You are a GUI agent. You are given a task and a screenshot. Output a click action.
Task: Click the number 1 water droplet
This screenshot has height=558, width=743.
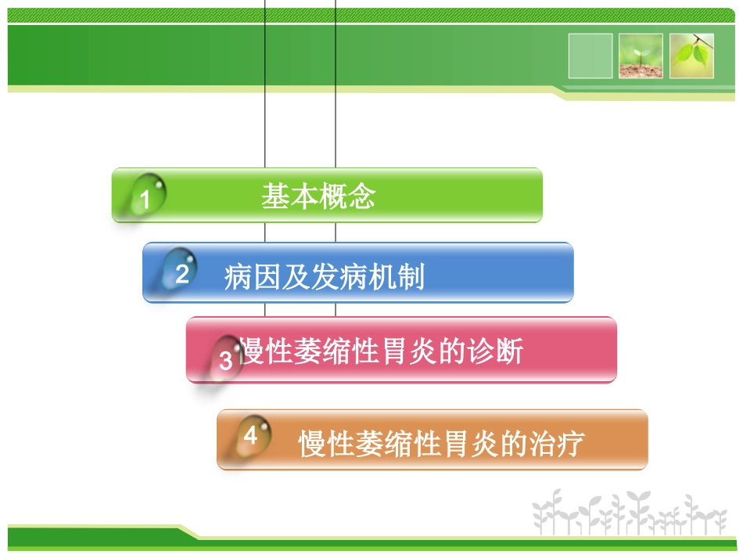[146, 196]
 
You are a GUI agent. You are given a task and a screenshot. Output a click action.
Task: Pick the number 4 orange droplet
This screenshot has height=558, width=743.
[252, 436]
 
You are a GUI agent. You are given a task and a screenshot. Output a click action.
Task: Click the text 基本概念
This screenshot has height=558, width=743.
[318, 196]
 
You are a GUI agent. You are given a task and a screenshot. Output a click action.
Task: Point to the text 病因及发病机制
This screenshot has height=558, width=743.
[324, 277]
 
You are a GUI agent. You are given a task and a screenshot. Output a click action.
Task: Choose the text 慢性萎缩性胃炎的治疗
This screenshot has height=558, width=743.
[441, 444]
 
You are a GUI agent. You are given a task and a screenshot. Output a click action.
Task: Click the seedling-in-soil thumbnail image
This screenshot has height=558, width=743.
[641, 56]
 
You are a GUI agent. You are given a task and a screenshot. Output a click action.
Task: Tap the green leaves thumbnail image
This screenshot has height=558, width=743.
[691, 56]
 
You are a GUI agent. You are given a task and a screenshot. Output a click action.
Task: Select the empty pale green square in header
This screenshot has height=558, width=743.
[590, 56]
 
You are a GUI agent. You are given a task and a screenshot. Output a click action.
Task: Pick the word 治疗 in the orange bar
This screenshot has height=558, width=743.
[555, 444]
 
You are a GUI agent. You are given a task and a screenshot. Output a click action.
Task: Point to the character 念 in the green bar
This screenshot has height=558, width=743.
[361, 196]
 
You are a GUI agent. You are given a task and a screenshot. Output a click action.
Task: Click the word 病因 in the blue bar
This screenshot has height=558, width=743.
[253, 277]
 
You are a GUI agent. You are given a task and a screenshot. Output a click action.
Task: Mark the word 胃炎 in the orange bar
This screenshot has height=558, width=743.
[470, 444]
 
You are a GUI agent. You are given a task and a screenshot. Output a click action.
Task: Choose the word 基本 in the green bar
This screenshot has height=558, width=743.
[289, 196]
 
